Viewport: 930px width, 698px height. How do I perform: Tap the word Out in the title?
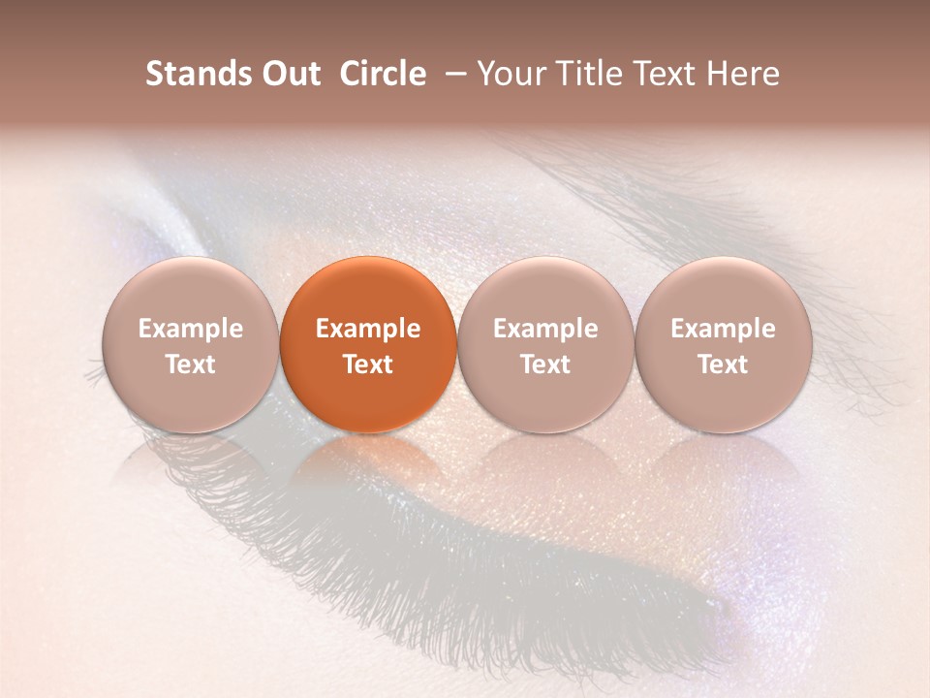pyautogui.click(x=289, y=74)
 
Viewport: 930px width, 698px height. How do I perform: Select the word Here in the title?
pyautogui.click(x=745, y=74)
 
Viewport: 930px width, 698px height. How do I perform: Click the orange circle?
pyautogui.click(x=368, y=344)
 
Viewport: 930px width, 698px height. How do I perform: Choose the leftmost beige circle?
pyautogui.click(x=191, y=344)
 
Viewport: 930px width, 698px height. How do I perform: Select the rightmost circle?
pyautogui.click(x=723, y=344)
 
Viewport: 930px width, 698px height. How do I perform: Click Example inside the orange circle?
pyautogui.click(x=368, y=329)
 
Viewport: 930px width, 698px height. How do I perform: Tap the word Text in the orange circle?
pyautogui.click(x=368, y=365)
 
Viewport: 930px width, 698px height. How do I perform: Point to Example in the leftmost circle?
pyautogui.click(x=191, y=329)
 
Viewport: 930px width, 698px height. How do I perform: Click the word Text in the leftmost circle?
pyautogui.click(x=191, y=365)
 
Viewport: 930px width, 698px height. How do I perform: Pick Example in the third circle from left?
pyautogui.click(x=545, y=329)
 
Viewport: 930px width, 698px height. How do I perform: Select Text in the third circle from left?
pyautogui.click(x=545, y=365)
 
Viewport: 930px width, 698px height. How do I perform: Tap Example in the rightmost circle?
pyautogui.click(x=723, y=329)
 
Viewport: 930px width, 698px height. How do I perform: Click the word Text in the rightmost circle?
pyautogui.click(x=723, y=365)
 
